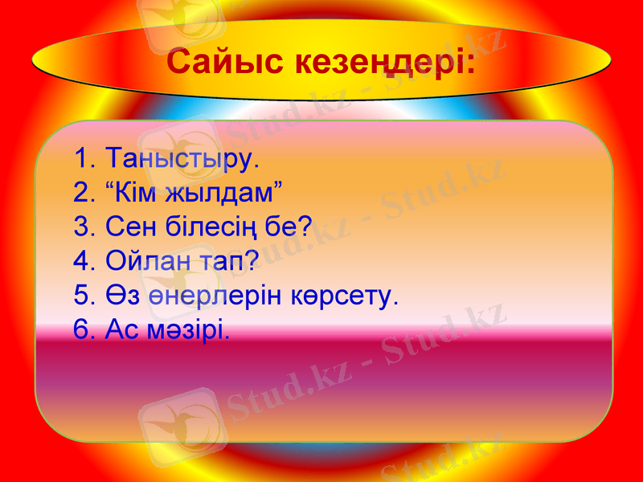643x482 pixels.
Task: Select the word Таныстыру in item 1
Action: [177, 157]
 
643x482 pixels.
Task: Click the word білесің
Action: [213, 227]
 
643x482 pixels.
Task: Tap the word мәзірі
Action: [186, 330]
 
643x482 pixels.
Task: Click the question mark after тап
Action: [251, 261]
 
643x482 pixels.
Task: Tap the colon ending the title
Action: [469, 64]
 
